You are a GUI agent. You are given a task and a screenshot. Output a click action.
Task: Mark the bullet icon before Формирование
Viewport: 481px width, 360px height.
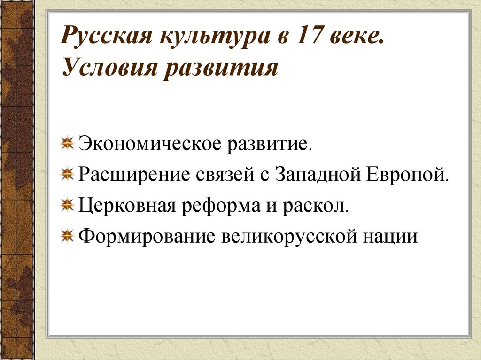(x=68, y=235)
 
